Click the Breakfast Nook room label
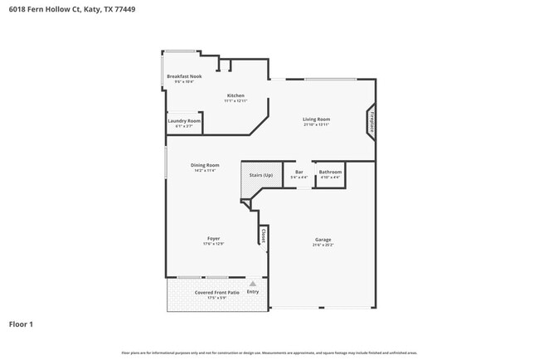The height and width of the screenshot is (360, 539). coord(184,76)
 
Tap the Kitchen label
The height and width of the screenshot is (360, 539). coord(236,95)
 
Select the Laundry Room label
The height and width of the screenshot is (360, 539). coord(184,121)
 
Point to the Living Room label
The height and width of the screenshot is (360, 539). coord(316,119)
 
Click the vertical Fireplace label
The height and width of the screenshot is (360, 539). coord(372,121)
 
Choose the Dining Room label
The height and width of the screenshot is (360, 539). coord(206,165)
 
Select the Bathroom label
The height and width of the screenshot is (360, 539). coord(330,172)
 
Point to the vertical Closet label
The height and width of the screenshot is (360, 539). coord(263,236)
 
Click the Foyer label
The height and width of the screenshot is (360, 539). coord(213,238)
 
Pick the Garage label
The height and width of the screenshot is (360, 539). coord(323,240)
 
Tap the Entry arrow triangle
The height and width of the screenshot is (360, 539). coord(253,284)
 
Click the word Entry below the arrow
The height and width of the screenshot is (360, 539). coord(253,292)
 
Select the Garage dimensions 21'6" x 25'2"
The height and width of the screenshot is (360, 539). coord(323,246)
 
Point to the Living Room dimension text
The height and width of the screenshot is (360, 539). coord(316,124)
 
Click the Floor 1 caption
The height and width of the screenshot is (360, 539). coord(22,324)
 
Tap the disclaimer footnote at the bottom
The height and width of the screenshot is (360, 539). coord(269,352)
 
